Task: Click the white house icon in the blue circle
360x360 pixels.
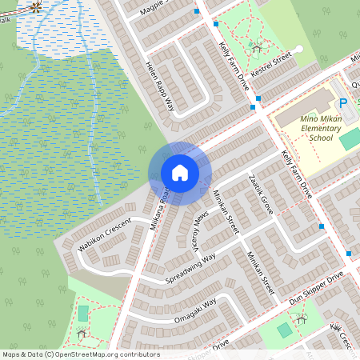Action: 180,173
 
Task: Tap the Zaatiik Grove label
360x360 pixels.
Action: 262,194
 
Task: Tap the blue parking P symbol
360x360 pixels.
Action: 343,103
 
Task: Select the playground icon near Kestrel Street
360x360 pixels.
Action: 256,46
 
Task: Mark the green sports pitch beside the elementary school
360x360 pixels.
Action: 350,138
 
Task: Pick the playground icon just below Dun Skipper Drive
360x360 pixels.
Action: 302,318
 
